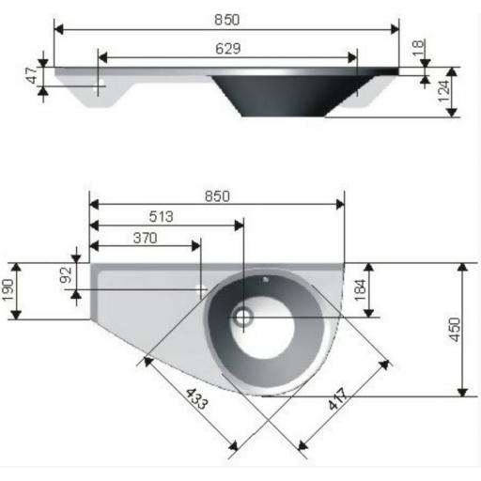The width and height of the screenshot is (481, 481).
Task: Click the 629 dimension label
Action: pos(228,49)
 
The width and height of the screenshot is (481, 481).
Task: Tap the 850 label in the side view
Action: pos(227,20)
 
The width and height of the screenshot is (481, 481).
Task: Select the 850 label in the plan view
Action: pos(217,196)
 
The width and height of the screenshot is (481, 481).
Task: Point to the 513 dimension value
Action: pos(161,216)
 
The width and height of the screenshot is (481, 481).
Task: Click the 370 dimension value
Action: pos(145,238)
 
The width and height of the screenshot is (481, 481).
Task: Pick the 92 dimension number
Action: pos(67,275)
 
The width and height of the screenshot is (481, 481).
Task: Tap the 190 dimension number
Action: pos(8,289)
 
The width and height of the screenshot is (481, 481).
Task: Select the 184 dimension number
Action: pos(360,289)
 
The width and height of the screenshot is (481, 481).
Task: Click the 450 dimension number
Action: pos(455,330)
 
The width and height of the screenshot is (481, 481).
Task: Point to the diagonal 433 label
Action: pos(196,399)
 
